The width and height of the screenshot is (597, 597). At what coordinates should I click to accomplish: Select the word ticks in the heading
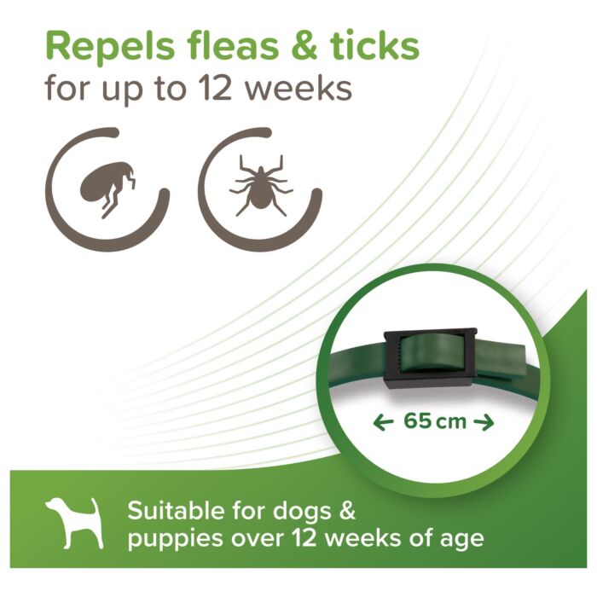[x=374, y=46]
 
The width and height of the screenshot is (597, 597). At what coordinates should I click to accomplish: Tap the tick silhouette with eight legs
[x=261, y=185]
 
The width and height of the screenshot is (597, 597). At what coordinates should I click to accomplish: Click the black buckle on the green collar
[x=430, y=359]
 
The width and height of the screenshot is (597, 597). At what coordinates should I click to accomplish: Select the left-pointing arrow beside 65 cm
[x=383, y=423]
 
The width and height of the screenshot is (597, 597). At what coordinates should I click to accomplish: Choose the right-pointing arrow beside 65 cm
[x=484, y=423]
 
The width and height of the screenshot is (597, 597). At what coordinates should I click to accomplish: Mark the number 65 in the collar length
[x=417, y=421]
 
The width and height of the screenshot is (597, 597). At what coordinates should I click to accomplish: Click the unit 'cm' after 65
[x=451, y=423]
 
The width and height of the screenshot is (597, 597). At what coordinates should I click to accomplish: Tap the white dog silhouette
[x=75, y=523]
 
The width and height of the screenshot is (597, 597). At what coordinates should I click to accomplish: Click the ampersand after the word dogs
[x=347, y=511]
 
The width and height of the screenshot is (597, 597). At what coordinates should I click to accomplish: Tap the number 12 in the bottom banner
[x=304, y=538]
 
